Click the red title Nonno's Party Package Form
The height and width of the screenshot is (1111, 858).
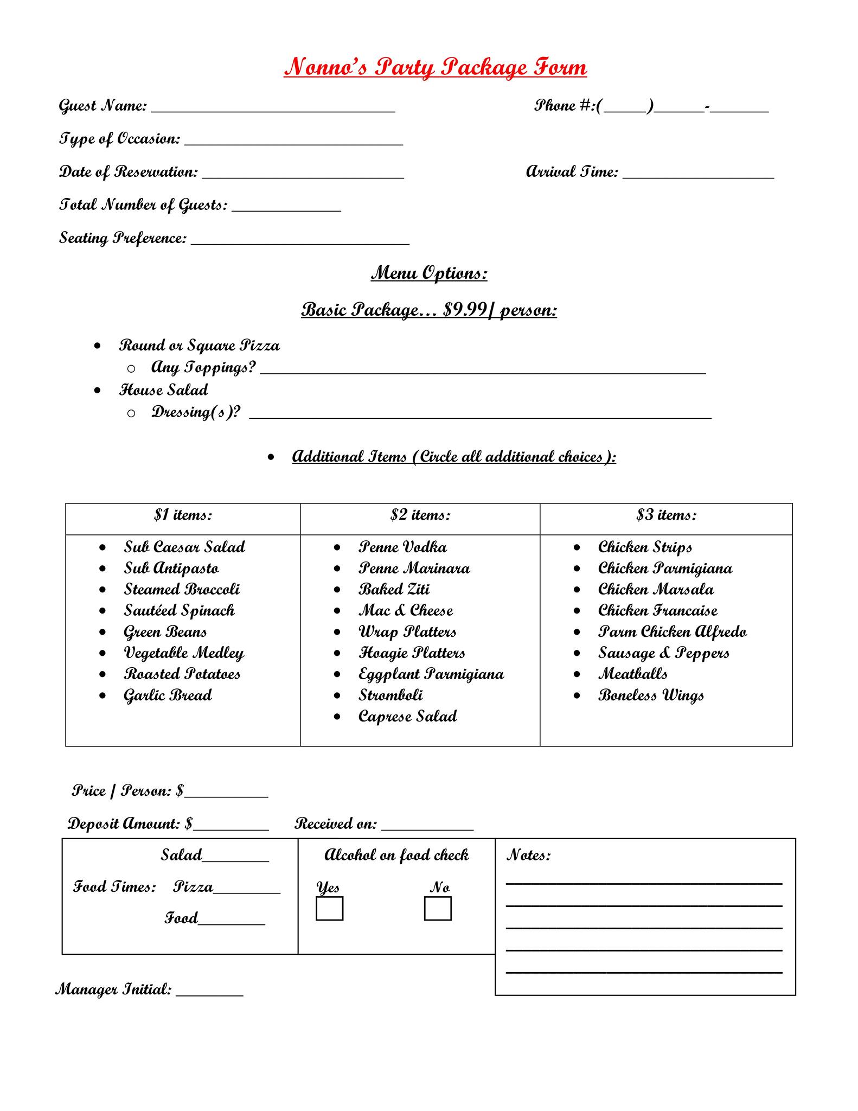point(435,67)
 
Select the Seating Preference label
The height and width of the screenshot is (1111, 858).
point(123,238)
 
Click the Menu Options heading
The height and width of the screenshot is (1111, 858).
point(429,273)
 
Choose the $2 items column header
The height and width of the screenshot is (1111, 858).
point(420,515)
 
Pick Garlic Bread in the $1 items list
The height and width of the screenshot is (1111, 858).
point(168,695)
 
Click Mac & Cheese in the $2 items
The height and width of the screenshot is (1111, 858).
point(406,611)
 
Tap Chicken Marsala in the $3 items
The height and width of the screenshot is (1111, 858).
point(656,590)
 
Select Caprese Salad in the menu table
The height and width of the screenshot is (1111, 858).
point(407,717)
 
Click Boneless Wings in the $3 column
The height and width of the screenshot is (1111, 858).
point(651,695)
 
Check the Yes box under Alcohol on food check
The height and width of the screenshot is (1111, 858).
point(329,909)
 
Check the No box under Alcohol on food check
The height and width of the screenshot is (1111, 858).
point(438,909)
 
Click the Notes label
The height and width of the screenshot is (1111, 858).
point(528,855)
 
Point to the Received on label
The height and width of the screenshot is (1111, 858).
point(335,824)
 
